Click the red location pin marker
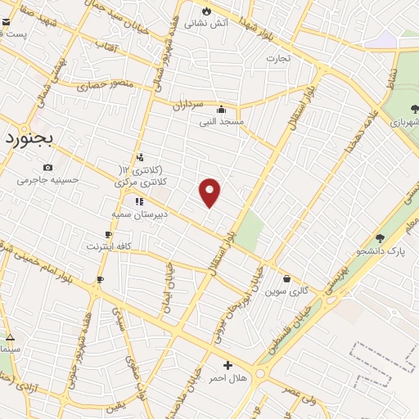(210, 192)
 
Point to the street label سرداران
(187, 105)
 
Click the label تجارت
(278, 59)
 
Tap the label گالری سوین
(288, 291)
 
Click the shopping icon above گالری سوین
(286, 278)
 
